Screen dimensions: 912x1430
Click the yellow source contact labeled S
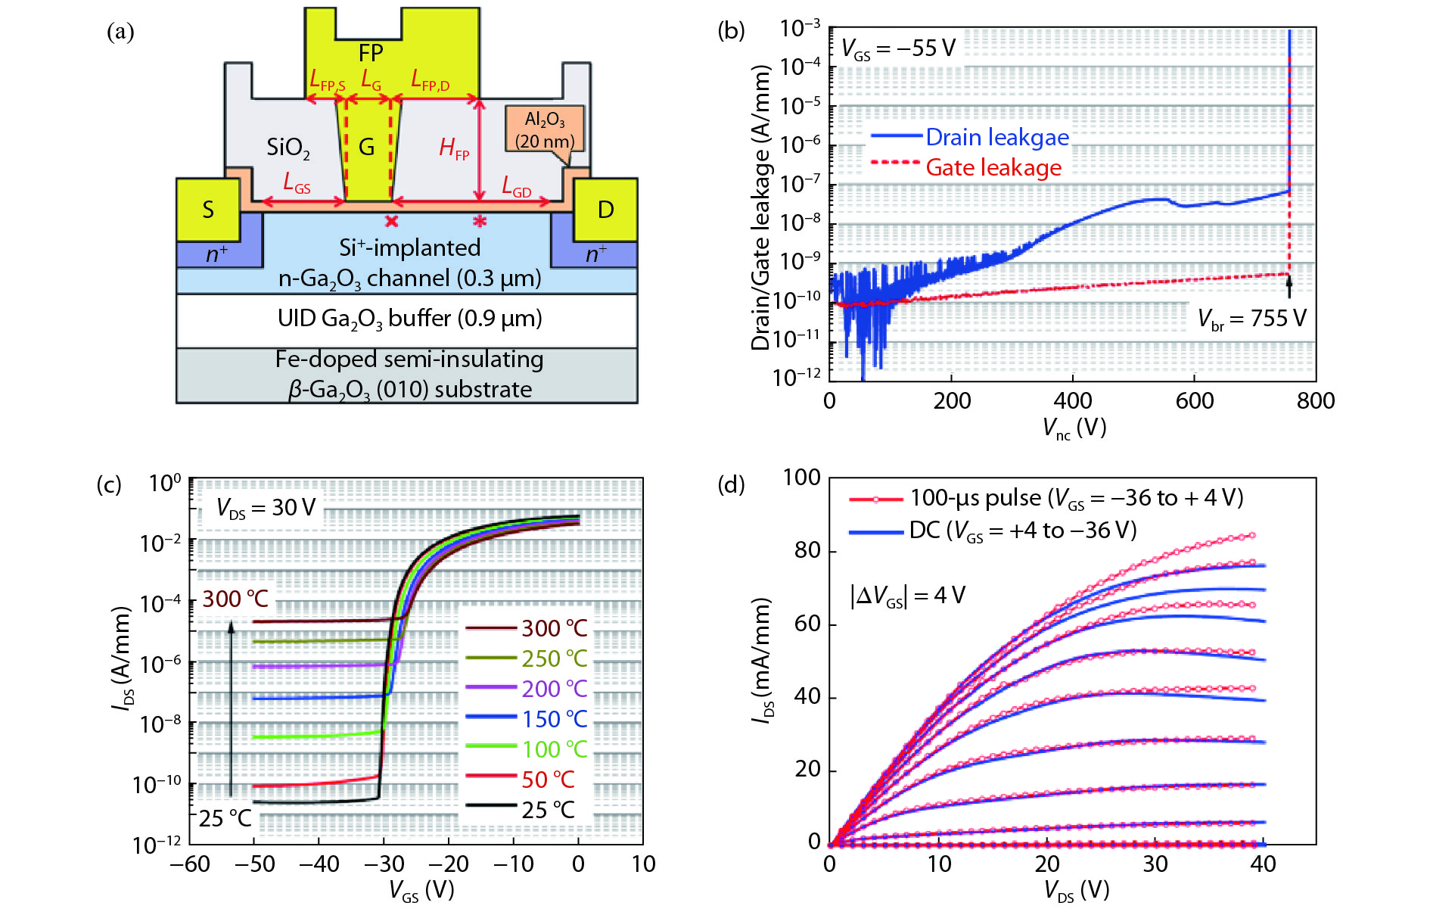coord(207,210)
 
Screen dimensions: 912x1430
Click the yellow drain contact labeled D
coord(605,210)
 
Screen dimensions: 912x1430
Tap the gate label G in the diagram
coord(366,147)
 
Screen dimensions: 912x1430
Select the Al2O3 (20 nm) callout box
coord(545,129)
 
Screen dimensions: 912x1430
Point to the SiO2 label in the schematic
coord(288,147)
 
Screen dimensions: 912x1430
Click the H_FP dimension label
coord(454,148)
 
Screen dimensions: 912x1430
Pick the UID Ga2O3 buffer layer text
coord(409,319)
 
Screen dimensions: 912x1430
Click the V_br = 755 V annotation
coord(1251,319)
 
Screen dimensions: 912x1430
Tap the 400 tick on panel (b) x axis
coord(1073,400)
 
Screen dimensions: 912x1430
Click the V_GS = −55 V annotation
coord(898,49)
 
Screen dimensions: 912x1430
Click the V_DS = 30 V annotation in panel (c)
coord(266,508)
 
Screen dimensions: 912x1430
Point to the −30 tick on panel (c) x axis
coord(384,864)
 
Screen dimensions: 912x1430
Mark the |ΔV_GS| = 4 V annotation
coord(907,596)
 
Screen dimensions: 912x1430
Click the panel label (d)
coord(731,484)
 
